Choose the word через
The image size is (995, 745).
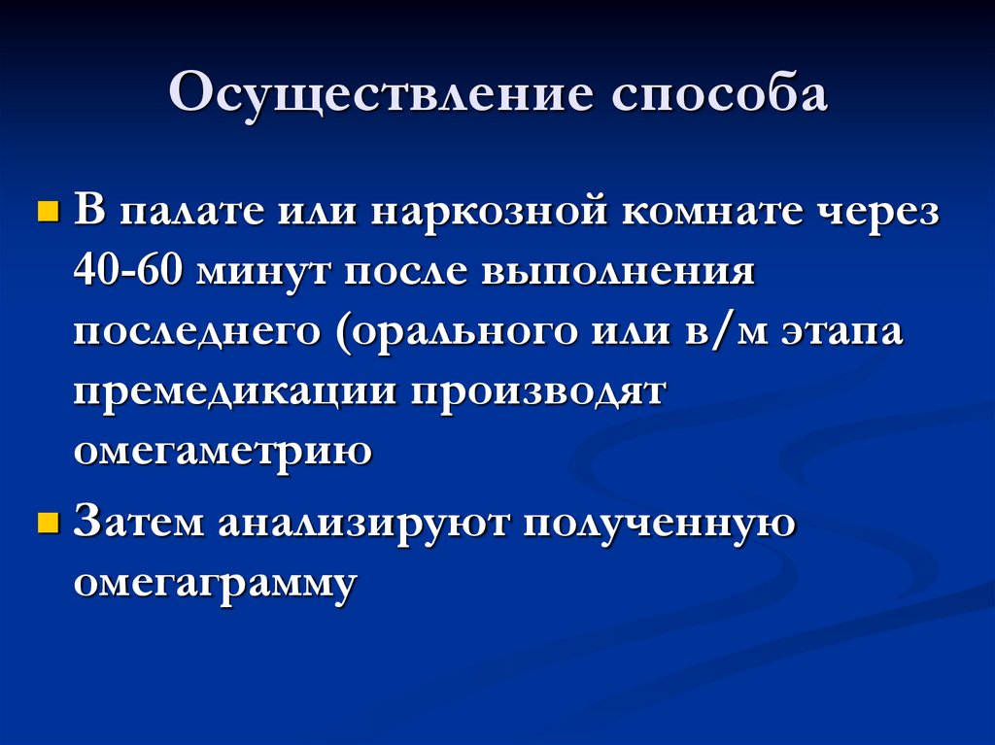coord(882,213)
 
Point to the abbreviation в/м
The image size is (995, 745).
coord(709,332)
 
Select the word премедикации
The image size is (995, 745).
coord(235,392)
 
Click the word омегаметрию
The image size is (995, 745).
coord(222,452)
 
